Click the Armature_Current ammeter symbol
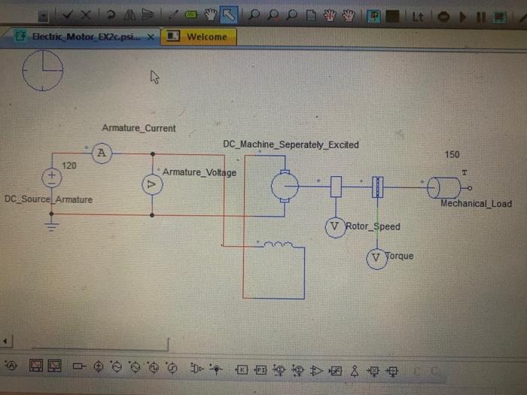102,154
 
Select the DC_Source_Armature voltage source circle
51,178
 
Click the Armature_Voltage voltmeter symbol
153,184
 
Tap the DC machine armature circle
285,184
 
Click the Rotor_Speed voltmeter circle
335,226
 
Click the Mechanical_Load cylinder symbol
443,187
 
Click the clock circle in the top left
43,71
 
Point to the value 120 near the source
69,165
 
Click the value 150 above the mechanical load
452,154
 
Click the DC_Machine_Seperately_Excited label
291,144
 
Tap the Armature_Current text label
139,128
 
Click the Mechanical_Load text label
476,203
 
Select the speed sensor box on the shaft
337,186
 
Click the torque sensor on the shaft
378,186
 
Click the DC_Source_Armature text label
48,199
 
